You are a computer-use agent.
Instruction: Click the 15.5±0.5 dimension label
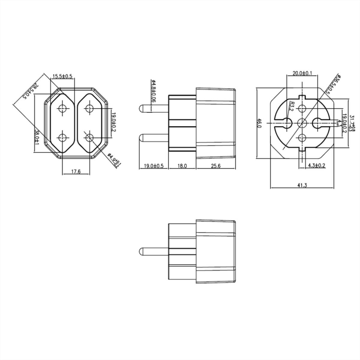[x=62, y=76]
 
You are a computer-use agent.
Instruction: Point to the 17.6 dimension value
[x=76, y=171]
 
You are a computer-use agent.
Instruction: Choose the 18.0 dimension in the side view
[x=182, y=166]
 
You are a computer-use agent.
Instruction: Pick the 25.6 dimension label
[x=215, y=166]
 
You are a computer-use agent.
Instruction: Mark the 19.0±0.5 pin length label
[x=154, y=166]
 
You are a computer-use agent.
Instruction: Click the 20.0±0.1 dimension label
[x=302, y=73]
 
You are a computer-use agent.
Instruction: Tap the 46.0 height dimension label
[x=260, y=123]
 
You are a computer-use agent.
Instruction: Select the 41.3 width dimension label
[x=302, y=185]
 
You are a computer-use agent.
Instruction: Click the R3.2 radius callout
[x=291, y=106]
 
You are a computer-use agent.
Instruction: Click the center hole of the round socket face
[x=302, y=123]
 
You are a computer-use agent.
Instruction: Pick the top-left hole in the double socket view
[x=63, y=108]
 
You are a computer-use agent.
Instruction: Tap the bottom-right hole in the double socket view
[x=89, y=138]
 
